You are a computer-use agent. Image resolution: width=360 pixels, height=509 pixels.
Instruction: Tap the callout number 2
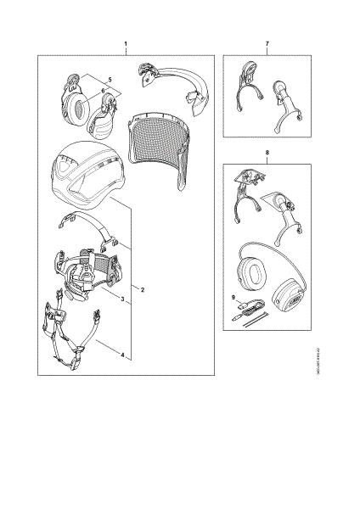coord(142,290)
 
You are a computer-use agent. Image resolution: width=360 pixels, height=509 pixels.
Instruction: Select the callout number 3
coord(122,300)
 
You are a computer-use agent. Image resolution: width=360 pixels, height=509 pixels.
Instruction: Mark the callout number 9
coord(233,297)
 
